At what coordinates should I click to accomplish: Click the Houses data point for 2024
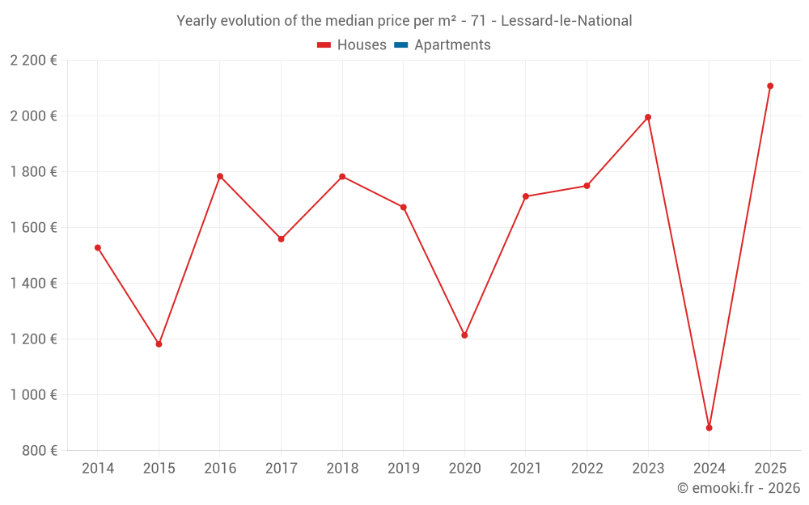[709, 427]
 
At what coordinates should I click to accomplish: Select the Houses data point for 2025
[770, 86]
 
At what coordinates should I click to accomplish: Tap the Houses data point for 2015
[159, 344]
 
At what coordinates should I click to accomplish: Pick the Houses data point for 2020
[464, 335]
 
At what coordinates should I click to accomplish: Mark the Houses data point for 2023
[648, 117]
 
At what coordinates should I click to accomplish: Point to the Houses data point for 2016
[220, 176]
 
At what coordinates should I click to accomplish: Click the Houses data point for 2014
[98, 248]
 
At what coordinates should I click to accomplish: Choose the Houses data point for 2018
[342, 176]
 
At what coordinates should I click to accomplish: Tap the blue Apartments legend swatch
[400, 45]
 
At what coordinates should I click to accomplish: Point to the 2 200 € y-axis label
[33, 61]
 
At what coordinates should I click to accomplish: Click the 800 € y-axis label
[40, 451]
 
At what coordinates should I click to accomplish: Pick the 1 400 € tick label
[33, 284]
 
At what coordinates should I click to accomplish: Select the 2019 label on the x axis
[403, 469]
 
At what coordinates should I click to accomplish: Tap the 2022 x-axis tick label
[587, 469]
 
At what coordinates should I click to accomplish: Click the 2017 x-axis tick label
[281, 469]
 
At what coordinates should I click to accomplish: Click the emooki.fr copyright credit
[738, 488]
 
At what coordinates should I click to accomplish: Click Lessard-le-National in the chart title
[566, 20]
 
